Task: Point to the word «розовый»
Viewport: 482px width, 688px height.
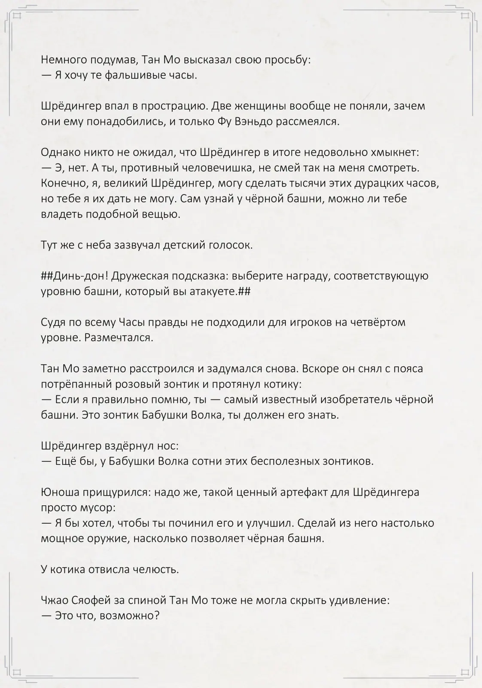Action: [x=151, y=384]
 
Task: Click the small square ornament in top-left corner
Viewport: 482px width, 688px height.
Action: [x=17, y=16]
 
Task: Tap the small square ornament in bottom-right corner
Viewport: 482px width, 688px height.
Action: [x=465, y=672]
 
